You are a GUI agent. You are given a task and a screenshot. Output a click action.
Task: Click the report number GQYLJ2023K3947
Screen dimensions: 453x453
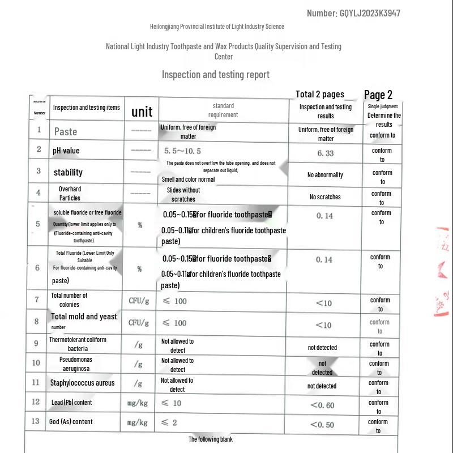point(370,13)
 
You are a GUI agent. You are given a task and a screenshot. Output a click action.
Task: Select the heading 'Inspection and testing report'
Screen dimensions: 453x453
point(216,74)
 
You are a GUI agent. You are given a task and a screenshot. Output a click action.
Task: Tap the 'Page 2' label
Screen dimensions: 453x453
point(378,95)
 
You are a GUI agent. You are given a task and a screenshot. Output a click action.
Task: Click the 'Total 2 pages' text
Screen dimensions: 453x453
point(320,94)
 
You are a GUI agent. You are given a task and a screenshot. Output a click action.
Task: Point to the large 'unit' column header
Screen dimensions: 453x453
point(142,111)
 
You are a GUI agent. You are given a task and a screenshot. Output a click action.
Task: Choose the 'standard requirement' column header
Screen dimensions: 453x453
point(224,110)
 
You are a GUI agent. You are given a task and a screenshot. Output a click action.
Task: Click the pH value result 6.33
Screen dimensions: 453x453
point(326,153)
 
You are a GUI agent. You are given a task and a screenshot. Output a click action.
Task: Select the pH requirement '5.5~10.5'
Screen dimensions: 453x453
point(182,151)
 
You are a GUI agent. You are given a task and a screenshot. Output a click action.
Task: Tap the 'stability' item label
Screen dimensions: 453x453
point(68,172)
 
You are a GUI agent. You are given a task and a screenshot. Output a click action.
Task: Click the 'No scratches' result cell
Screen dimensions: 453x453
point(325,197)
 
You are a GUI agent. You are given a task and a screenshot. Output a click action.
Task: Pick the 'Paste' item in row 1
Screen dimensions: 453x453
point(66,131)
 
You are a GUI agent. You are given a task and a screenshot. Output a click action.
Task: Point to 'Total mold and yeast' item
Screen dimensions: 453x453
point(84,317)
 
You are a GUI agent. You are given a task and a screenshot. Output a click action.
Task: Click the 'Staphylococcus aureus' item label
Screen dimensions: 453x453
point(82,383)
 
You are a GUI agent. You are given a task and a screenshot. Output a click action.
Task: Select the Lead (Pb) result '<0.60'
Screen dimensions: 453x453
point(323,405)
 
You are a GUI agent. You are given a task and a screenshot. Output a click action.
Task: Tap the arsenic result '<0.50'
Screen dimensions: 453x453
point(322,425)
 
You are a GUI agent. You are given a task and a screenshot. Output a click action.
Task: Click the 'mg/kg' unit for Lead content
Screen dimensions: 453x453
point(138,403)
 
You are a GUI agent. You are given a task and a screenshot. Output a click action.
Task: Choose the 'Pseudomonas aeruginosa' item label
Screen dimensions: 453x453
point(76,364)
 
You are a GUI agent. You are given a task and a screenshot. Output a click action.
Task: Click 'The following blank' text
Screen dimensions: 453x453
point(211,439)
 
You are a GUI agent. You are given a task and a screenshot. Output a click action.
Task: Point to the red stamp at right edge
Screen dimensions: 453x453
point(443,272)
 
